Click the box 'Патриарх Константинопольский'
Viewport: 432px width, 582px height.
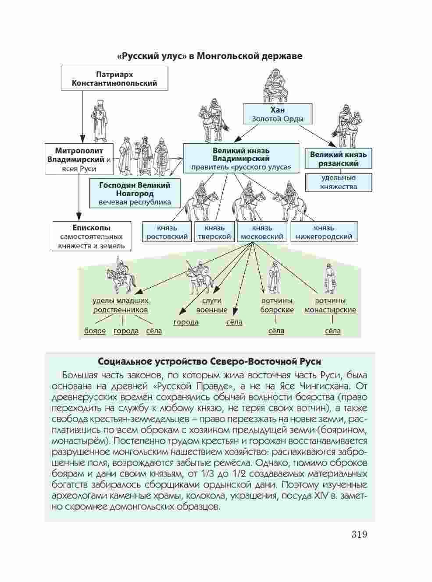click(114, 78)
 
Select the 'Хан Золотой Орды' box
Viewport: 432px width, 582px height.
click(278, 114)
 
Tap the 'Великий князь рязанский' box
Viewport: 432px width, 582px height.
click(338, 159)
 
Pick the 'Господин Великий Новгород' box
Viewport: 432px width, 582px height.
click(134, 193)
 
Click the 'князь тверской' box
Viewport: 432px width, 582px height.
click(214, 232)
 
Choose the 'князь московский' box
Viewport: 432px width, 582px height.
click(262, 232)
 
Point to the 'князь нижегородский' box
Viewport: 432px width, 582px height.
click(324, 232)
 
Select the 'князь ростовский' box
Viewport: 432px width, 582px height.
click(167, 232)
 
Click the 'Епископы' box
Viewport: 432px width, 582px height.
click(91, 236)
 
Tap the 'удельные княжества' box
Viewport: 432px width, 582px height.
click(338, 182)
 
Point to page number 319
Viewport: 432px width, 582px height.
click(359, 534)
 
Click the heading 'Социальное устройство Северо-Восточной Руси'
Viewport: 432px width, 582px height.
click(210, 362)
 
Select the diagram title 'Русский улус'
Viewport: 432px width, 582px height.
click(210, 56)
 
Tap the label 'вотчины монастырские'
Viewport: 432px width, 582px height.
click(330, 305)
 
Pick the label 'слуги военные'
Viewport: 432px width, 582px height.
click(211, 305)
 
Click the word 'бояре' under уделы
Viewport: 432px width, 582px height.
click(95, 331)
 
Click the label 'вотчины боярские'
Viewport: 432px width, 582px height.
click(277, 305)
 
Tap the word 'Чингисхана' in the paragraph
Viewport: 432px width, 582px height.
click(329, 386)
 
